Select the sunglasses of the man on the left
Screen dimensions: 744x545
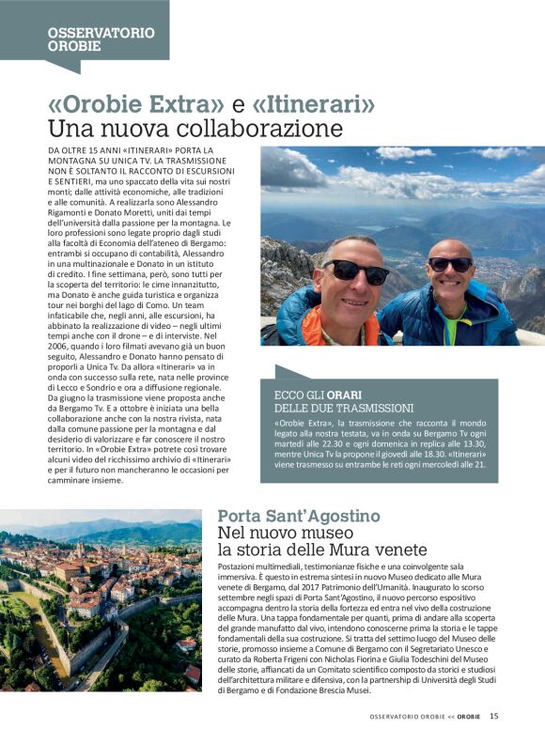357,271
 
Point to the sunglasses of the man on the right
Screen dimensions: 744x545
452,265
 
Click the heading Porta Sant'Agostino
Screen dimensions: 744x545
299,516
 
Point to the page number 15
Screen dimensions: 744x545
494,717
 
